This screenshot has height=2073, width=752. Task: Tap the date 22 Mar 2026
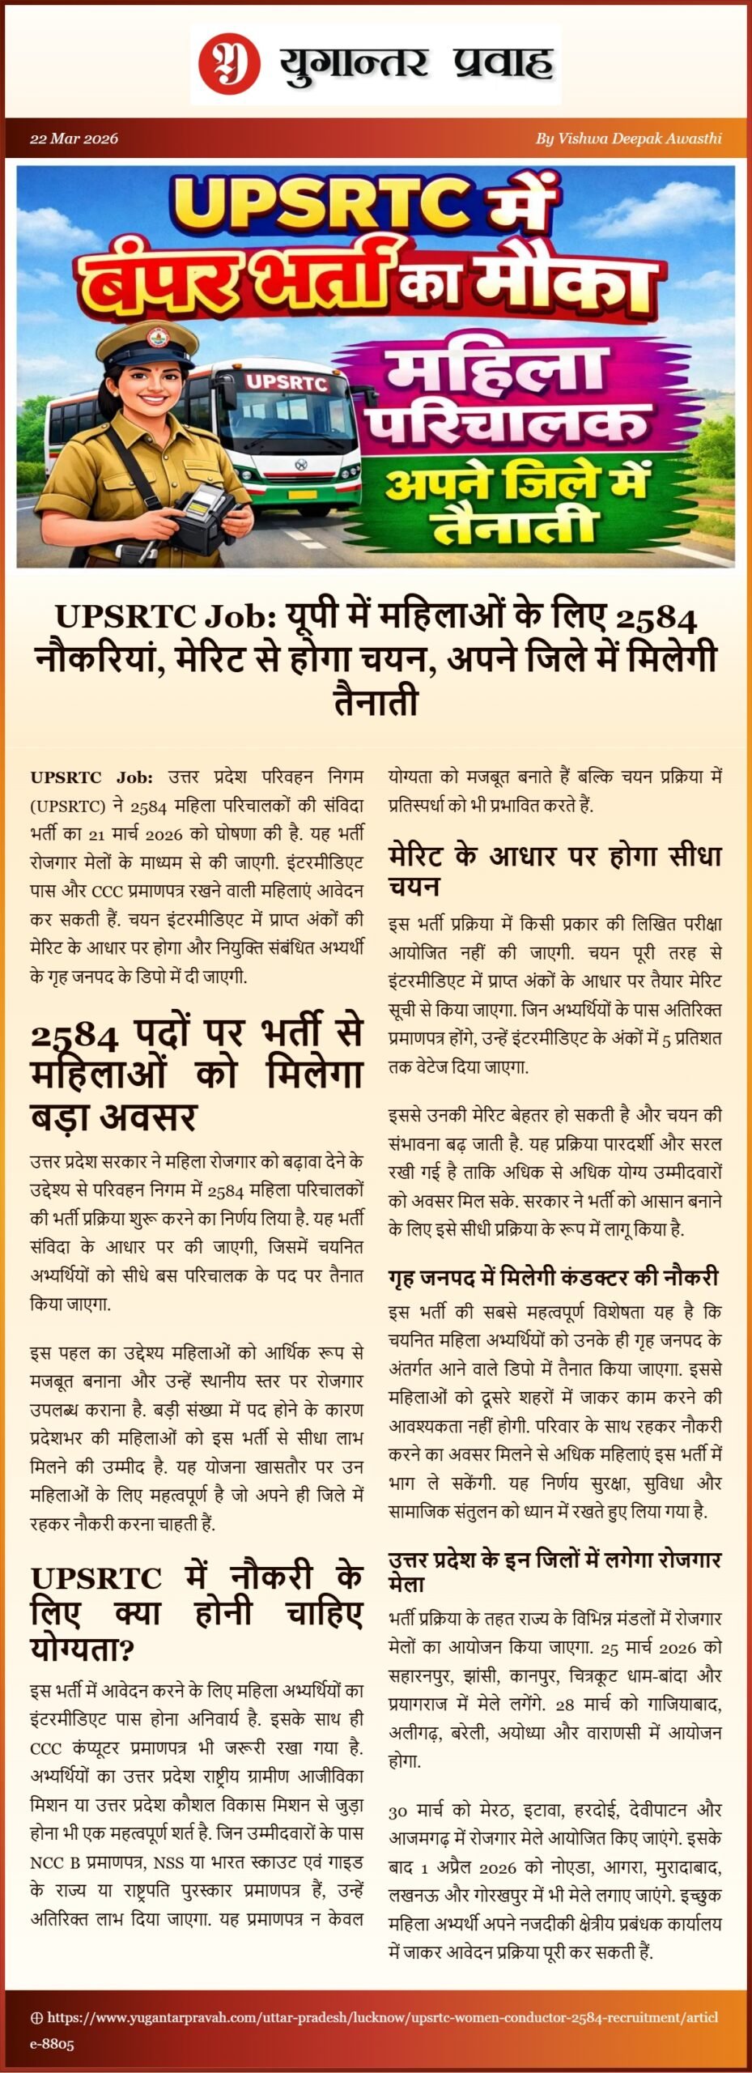pyautogui.click(x=74, y=138)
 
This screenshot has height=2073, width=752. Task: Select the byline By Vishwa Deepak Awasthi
pyautogui.click(x=628, y=138)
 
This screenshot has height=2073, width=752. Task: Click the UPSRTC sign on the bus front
pyautogui.click(x=286, y=381)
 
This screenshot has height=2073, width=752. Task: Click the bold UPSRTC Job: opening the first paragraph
pyautogui.click(x=91, y=777)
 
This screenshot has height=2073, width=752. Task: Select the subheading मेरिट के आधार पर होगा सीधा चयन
pyautogui.click(x=554, y=870)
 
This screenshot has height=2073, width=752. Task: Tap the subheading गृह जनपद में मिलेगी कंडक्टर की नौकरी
pyautogui.click(x=554, y=1277)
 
